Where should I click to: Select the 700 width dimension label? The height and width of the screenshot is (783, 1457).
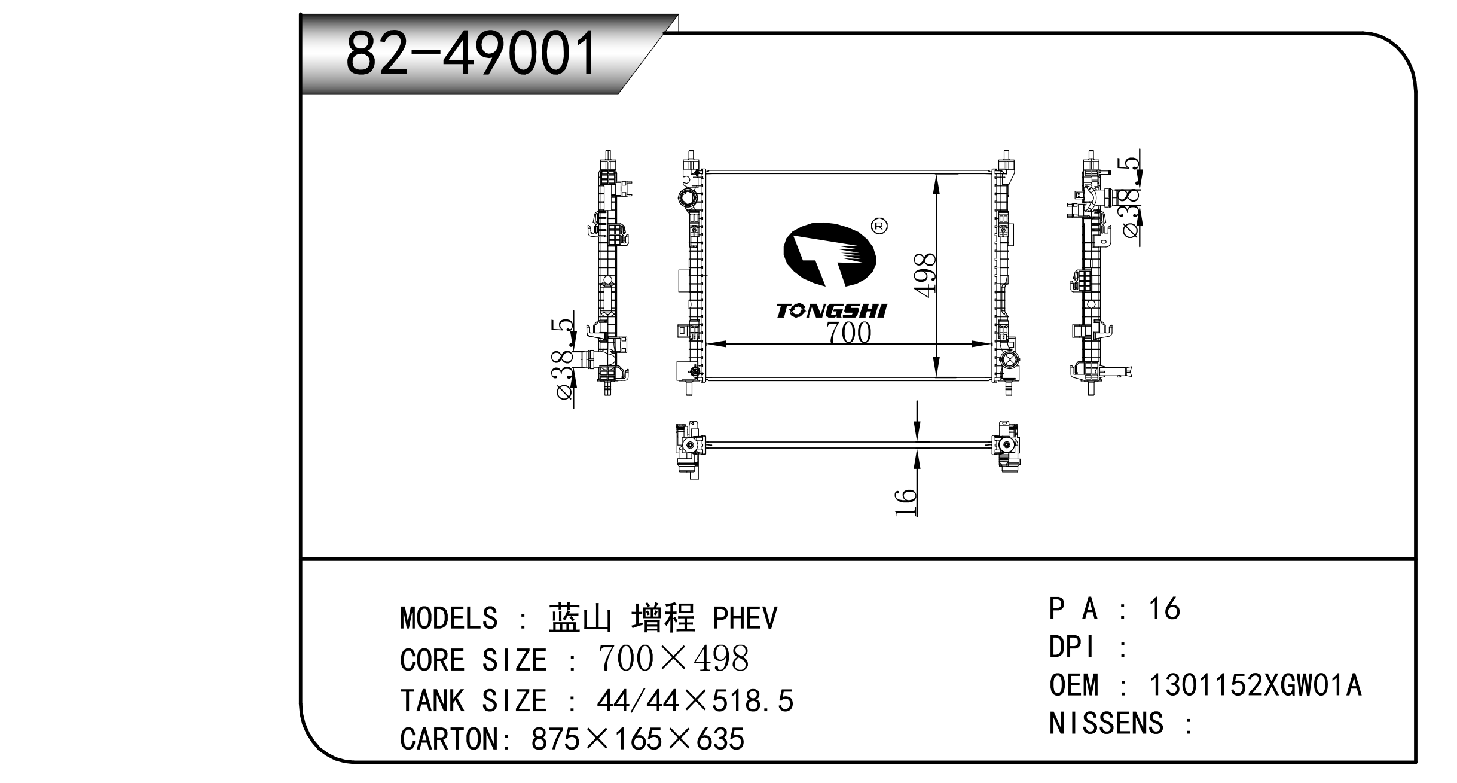click(x=849, y=333)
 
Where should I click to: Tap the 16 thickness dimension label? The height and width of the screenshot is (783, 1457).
click(x=906, y=502)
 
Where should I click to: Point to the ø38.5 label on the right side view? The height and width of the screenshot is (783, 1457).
click(x=1130, y=197)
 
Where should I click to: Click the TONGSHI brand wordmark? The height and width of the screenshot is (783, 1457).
click(x=832, y=310)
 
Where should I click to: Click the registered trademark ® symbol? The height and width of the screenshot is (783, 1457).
click(x=879, y=226)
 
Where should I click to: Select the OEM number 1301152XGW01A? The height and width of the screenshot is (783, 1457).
click(x=1255, y=685)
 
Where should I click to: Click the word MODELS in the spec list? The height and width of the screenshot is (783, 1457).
click(x=448, y=618)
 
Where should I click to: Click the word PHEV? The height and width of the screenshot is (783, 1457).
click(x=745, y=618)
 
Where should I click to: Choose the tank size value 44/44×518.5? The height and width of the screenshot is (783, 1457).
click(x=695, y=700)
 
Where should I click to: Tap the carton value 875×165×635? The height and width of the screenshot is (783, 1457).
click(x=637, y=739)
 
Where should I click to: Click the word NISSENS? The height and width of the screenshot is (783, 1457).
click(x=1106, y=724)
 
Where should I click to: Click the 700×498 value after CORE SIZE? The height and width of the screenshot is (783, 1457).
click(x=673, y=659)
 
